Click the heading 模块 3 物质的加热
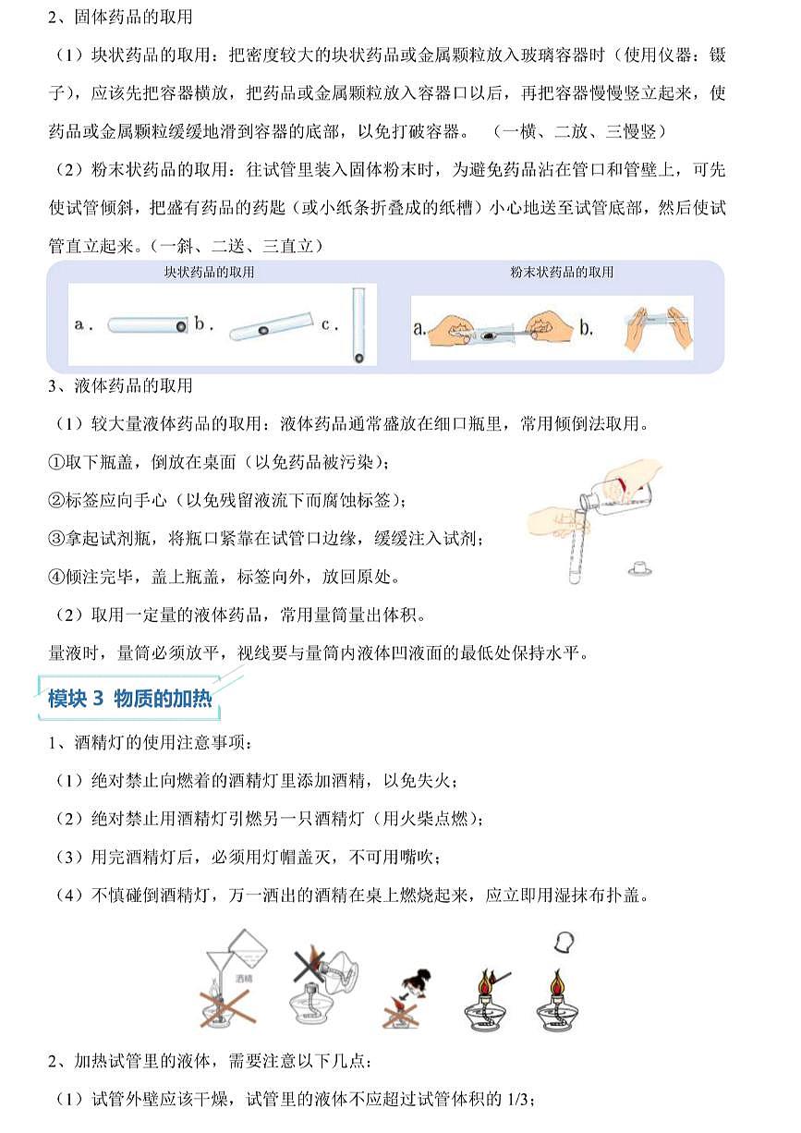coord(129,699)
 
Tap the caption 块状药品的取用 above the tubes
coord(209,273)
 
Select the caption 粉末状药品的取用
coord(562,273)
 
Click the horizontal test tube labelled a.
coord(147,325)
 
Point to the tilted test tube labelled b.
coord(268,328)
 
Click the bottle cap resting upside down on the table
coord(639,567)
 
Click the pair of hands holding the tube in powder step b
coord(658,328)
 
